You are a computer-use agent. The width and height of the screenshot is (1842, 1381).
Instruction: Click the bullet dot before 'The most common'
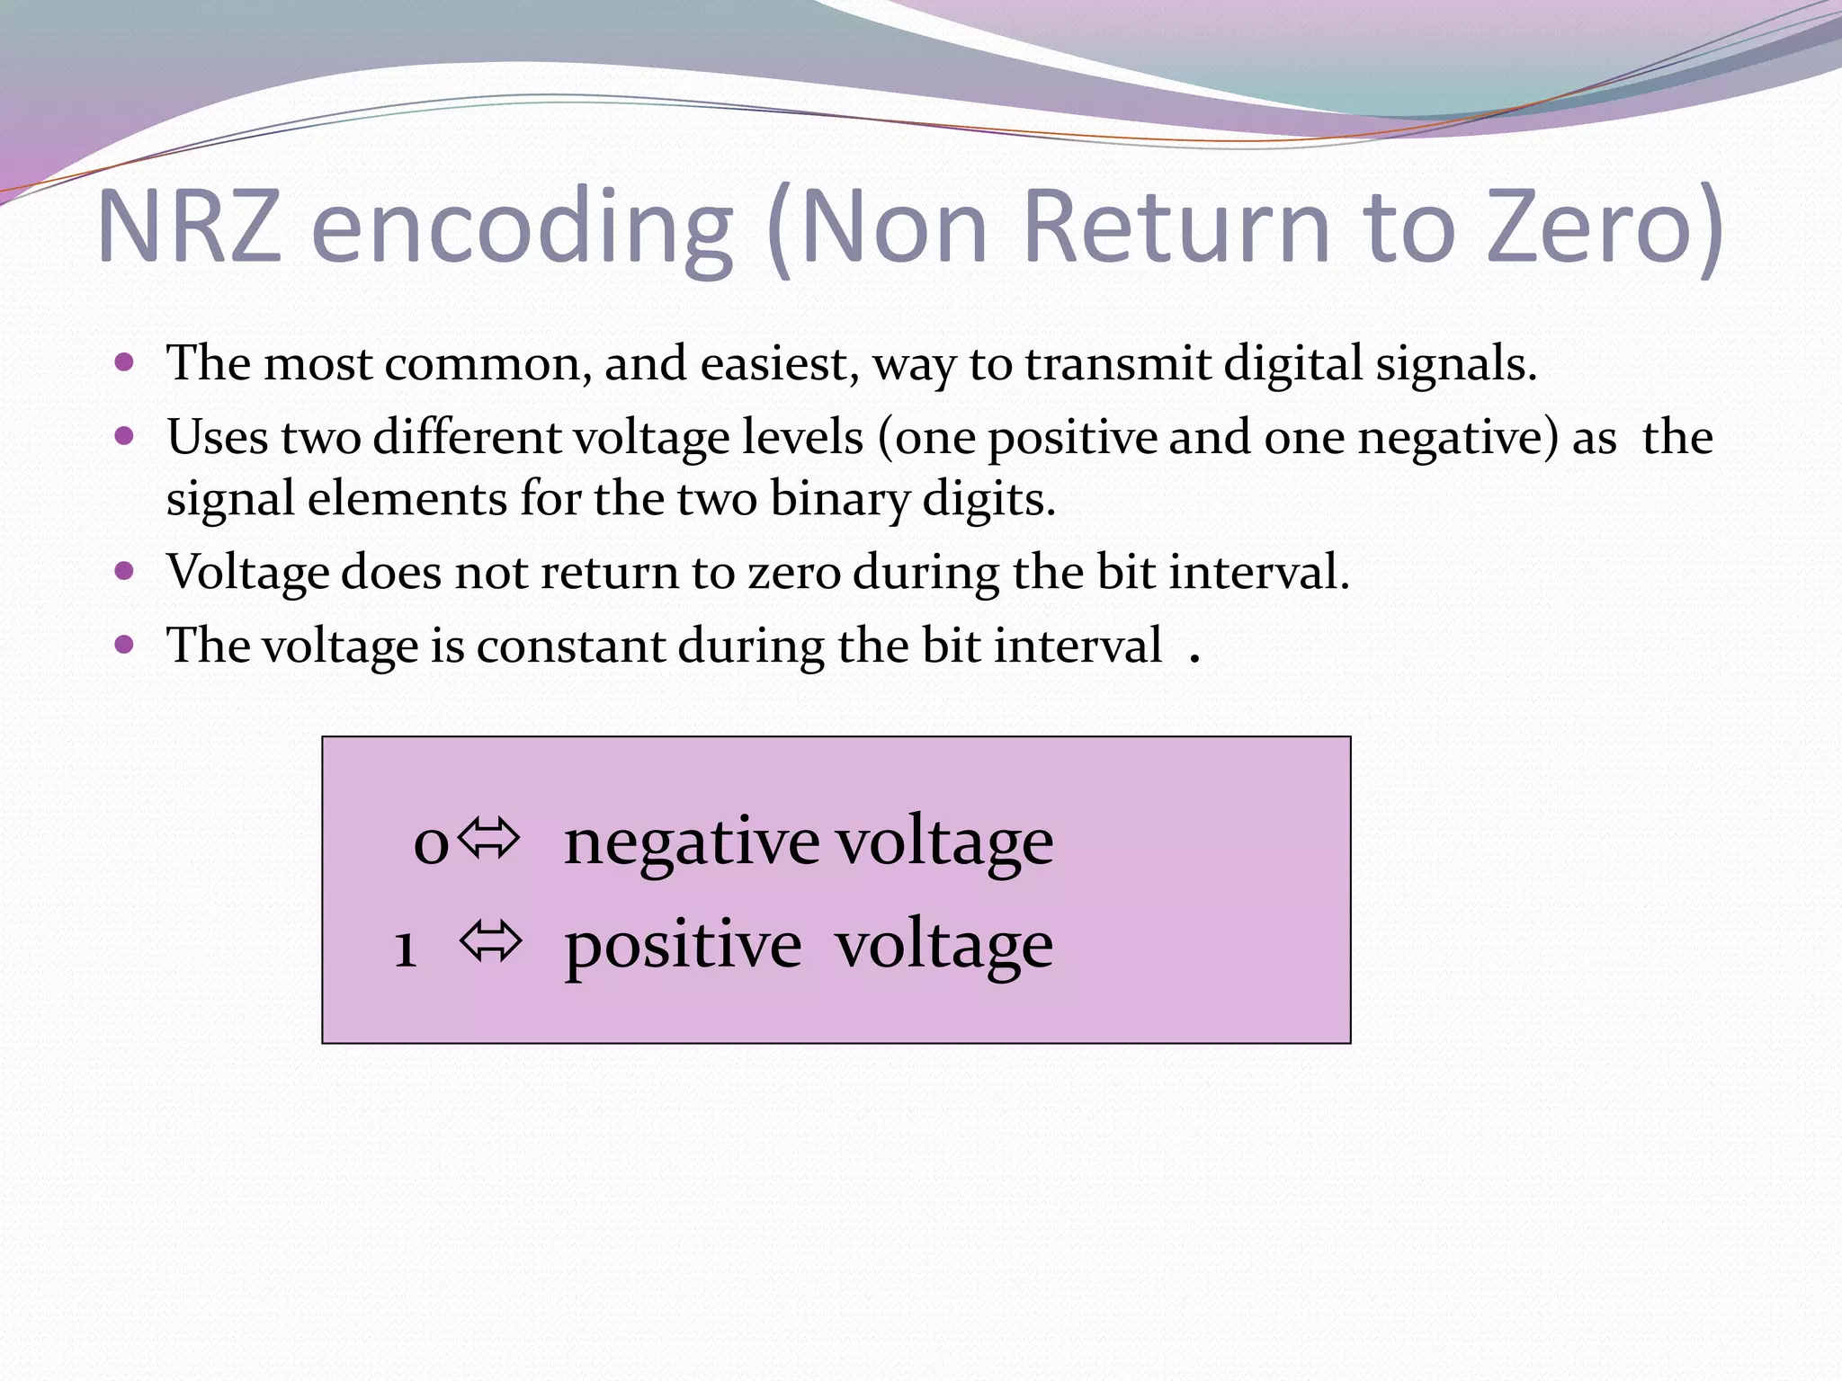[x=125, y=363]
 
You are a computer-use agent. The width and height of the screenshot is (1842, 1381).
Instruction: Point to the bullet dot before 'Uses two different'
[x=125, y=437]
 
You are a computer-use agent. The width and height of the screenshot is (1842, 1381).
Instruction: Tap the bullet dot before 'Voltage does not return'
[x=125, y=571]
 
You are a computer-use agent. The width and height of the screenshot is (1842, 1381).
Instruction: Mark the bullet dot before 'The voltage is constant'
[x=125, y=645]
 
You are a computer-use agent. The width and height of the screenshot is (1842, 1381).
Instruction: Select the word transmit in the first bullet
[x=1118, y=364]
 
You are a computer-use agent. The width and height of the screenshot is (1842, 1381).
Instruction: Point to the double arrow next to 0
[x=489, y=839]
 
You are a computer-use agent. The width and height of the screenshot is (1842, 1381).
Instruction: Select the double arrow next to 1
[x=490, y=942]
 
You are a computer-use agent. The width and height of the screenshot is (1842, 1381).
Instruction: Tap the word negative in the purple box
[x=691, y=842]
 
